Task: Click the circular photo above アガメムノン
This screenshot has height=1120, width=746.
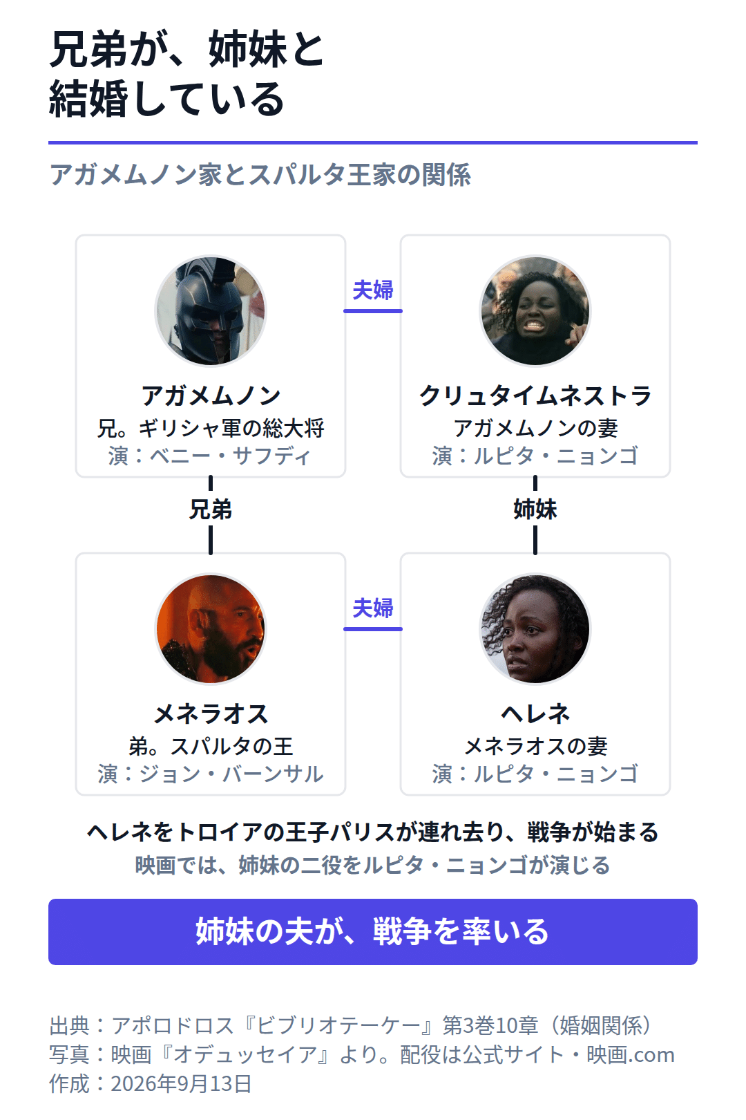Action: click(211, 311)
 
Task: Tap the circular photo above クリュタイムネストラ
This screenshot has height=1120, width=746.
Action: click(535, 311)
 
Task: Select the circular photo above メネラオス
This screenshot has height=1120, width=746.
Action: click(211, 629)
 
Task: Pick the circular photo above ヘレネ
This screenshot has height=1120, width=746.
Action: click(535, 629)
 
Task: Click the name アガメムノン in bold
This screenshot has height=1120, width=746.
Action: click(211, 396)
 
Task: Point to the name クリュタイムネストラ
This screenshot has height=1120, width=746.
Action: click(535, 396)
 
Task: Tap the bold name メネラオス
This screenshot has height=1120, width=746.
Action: click(211, 714)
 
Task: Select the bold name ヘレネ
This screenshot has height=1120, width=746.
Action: click(535, 714)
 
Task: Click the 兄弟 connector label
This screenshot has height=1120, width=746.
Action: click(211, 510)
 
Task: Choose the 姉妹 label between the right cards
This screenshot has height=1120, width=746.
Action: click(535, 510)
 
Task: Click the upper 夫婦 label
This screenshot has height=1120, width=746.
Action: click(373, 290)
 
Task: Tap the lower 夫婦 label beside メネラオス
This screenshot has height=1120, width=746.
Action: click(373, 608)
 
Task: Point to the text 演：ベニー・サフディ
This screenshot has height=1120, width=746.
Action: click(210, 456)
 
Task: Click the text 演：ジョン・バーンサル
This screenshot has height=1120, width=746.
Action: click(211, 774)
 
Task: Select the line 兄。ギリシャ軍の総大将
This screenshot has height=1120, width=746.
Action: click(211, 429)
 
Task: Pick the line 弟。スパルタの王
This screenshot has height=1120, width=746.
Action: click(211, 747)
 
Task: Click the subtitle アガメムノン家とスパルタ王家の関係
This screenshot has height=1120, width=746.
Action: click(260, 175)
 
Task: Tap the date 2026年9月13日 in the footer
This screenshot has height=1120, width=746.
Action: click(181, 1084)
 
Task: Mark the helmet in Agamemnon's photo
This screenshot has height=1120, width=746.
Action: click(207, 300)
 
